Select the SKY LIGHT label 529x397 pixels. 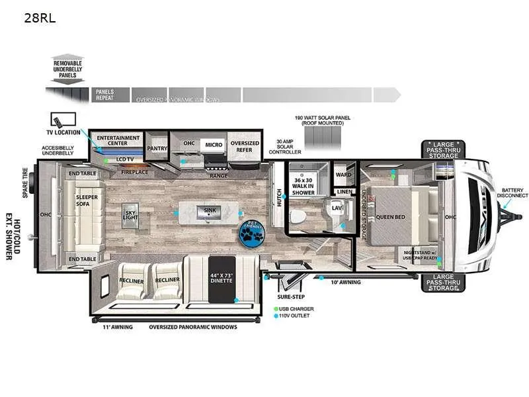coord(130,216)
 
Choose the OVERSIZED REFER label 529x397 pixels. coord(244,147)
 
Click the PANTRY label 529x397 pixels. coord(157,149)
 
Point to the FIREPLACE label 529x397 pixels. coord(135,172)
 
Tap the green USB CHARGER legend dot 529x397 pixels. coord(277,309)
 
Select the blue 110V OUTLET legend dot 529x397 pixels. coord(277,316)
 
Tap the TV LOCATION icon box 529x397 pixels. coord(63,120)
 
